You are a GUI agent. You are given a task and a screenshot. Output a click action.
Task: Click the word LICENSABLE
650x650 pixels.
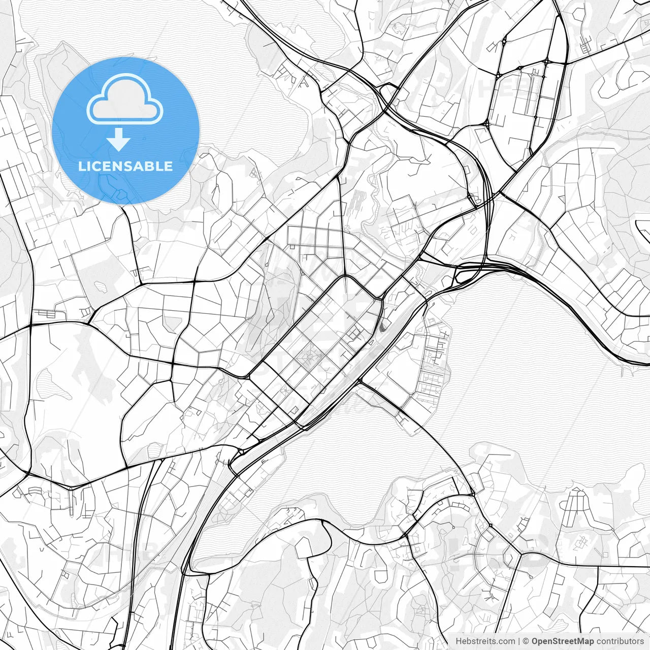point(125,167)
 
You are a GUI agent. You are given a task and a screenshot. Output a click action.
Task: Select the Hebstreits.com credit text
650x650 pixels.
point(485,641)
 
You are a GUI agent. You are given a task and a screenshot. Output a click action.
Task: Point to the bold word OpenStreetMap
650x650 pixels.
point(562,641)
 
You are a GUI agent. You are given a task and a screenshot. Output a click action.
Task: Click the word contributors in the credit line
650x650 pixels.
point(620,641)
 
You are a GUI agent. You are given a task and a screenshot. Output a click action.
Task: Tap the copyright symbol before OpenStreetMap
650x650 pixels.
point(526,641)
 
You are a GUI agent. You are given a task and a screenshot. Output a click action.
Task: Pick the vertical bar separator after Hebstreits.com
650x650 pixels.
point(518,641)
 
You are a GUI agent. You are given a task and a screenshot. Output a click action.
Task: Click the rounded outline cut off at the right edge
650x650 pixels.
point(643,229)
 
